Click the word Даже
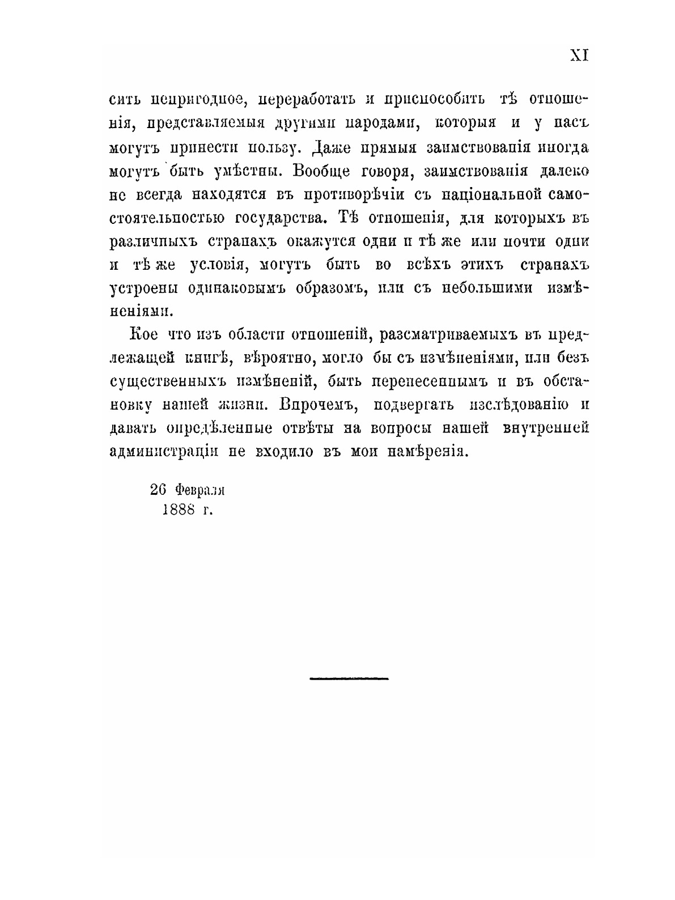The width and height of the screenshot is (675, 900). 332,148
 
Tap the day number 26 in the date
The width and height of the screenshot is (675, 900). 158,489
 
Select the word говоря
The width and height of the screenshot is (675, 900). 394,171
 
